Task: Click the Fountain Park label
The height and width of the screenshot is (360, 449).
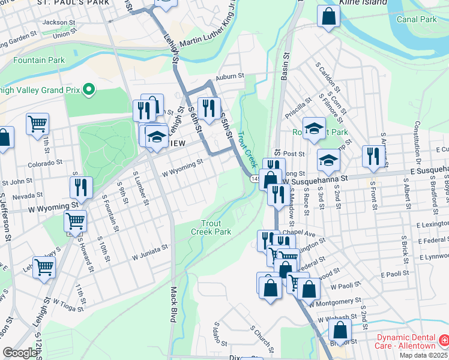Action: pos(39,61)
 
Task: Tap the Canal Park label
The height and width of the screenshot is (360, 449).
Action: pos(417,19)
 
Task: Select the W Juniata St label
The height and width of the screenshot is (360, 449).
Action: pos(146,250)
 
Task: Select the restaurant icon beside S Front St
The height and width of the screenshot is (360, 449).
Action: pos(374,156)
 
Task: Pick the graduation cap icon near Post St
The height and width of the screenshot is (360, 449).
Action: pos(328,160)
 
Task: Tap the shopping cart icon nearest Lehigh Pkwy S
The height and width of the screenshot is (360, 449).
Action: pos(44,267)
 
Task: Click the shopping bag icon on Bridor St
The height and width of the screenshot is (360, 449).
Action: pos(340,331)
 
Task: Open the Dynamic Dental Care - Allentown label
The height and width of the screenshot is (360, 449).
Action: pos(406,342)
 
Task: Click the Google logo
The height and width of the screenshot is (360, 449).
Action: pos(20,353)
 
